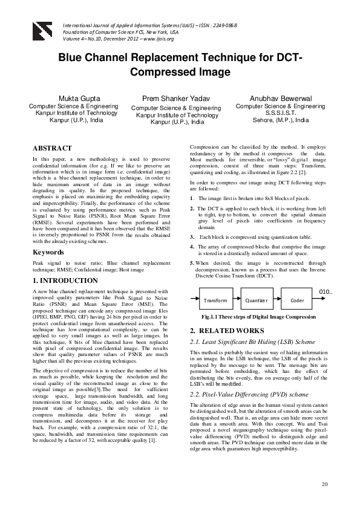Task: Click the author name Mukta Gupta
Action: (x=75, y=98)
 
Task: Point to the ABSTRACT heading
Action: (x=52, y=148)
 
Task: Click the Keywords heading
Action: (x=49, y=251)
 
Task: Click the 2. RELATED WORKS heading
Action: (x=227, y=331)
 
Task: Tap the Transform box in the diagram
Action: (x=215, y=300)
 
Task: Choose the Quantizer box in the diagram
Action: (x=257, y=300)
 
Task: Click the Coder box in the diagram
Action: (x=297, y=300)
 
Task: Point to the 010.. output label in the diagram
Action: (x=326, y=292)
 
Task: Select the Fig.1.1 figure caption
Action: (x=258, y=317)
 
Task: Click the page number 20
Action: (x=324, y=484)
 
